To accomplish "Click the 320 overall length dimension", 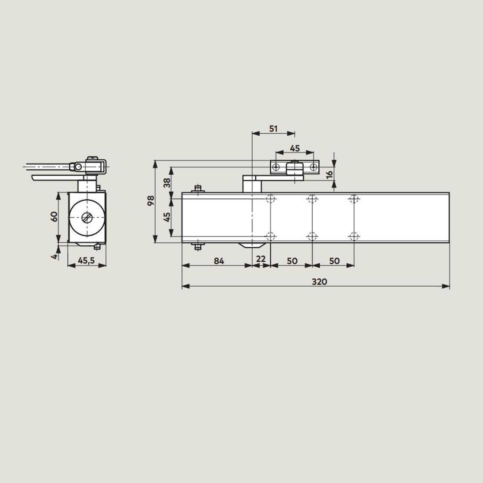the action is [x=320, y=282].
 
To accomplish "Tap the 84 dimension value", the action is [x=219, y=261].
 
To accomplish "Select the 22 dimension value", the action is [x=261, y=259].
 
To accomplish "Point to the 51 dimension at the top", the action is [x=273, y=129].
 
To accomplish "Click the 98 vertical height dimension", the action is [x=151, y=200].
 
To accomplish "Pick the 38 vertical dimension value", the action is [x=167, y=182].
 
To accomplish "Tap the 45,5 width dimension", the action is [x=86, y=261].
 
